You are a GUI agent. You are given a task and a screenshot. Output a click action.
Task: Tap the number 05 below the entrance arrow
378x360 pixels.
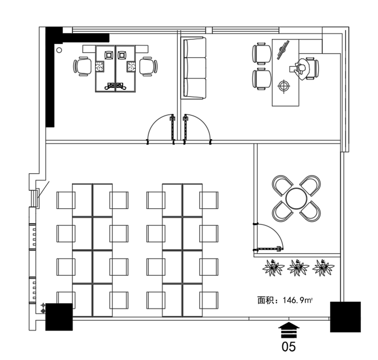(289, 347)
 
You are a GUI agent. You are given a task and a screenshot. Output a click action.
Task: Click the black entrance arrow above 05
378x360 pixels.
(289, 330)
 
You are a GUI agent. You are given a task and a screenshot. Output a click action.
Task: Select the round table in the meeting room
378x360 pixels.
(296, 199)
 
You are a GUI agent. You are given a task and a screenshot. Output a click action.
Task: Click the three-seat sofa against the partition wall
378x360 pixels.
(194, 68)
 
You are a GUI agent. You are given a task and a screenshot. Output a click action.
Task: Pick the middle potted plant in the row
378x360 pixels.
(298, 267)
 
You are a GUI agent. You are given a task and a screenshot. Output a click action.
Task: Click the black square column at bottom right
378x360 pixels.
(345, 317)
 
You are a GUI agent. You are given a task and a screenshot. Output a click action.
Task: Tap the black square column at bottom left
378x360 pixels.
(59, 317)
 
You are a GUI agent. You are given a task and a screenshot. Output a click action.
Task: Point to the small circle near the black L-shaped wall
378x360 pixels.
(59, 50)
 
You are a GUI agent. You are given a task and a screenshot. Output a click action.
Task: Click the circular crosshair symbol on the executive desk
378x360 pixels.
(284, 86)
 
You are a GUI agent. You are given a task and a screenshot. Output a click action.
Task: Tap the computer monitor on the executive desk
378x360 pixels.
(283, 50)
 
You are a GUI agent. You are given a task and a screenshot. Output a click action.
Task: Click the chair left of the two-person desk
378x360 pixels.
(82, 66)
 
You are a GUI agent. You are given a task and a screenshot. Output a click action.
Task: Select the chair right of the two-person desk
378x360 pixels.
(148, 66)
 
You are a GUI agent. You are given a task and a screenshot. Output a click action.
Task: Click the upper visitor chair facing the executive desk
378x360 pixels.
(262, 53)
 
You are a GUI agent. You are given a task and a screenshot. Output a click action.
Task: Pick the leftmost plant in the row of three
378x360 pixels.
(273, 267)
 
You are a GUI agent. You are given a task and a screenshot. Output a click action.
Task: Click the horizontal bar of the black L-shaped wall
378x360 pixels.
(86, 38)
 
